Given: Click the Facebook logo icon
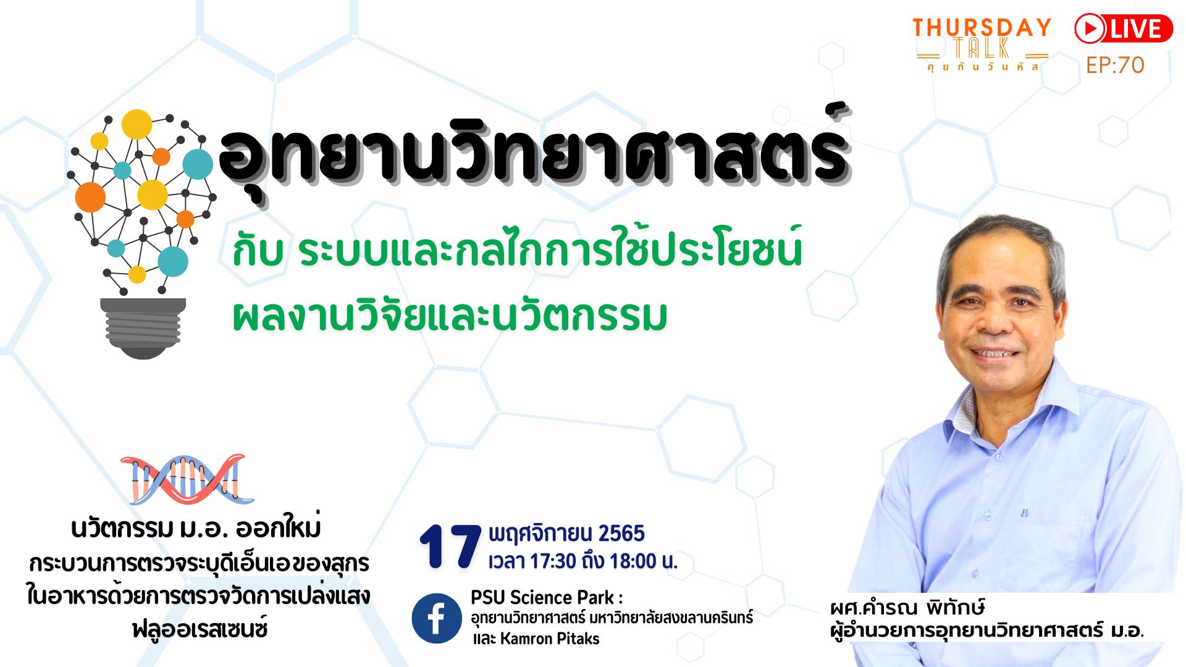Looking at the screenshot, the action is point(437,618).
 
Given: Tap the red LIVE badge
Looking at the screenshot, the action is point(1123,29).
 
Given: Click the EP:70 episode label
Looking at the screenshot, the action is point(1115,65).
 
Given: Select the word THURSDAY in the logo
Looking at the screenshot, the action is point(981,28).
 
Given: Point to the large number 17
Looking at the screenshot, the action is point(450,547).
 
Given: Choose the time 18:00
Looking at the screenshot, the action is point(633,561).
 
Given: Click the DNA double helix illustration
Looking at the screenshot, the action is point(188,479).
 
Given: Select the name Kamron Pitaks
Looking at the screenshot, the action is point(550,639).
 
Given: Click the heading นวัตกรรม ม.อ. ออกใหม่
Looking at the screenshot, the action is point(196,529).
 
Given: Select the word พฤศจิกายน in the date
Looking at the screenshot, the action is point(541,533).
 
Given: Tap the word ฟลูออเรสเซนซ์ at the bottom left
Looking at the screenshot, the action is point(200,629).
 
